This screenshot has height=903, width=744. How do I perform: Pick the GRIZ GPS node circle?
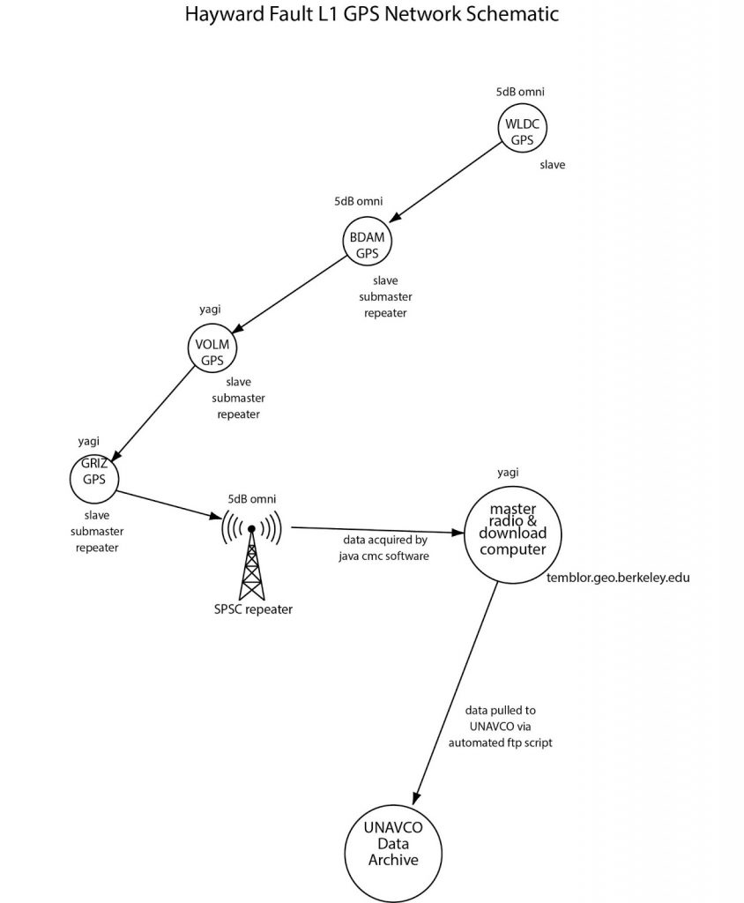tap(93, 477)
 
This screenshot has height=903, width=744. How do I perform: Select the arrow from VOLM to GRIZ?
tap(153, 412)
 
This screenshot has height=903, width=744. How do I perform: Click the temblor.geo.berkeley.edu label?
tap(620, 578)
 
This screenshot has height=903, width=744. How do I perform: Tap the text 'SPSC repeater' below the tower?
tap(252, 609)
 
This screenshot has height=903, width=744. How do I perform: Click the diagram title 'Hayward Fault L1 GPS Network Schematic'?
tap(371, 15)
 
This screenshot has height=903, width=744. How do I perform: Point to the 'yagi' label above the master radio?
tap(507, 472)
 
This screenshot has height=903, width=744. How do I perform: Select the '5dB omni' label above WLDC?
tap(520, 92)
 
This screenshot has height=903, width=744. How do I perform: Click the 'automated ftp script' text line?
tap(499, 743)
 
